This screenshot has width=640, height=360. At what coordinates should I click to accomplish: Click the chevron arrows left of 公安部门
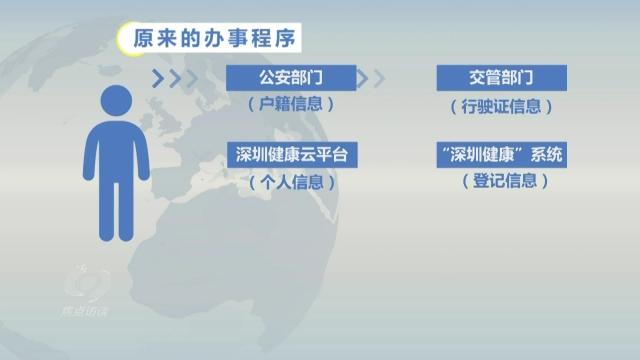click(168, 78)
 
